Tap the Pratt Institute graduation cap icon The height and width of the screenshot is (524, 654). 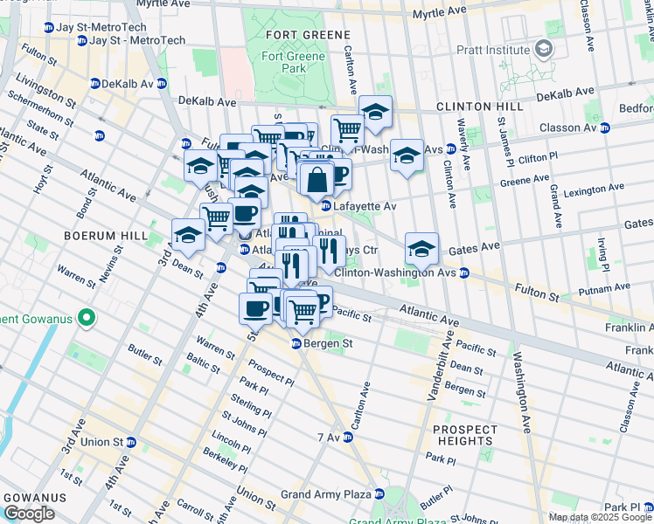point(545,50)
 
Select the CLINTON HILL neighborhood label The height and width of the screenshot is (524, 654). point(480,107)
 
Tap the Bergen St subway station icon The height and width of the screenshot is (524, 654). point(296,344)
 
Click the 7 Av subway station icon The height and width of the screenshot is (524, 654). point(347,437)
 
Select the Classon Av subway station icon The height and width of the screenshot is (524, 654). point(604,128)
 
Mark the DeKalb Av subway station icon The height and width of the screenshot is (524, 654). point(94,84)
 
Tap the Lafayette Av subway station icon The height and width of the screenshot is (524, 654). point(325,206)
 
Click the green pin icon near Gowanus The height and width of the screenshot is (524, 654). point(85,317)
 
